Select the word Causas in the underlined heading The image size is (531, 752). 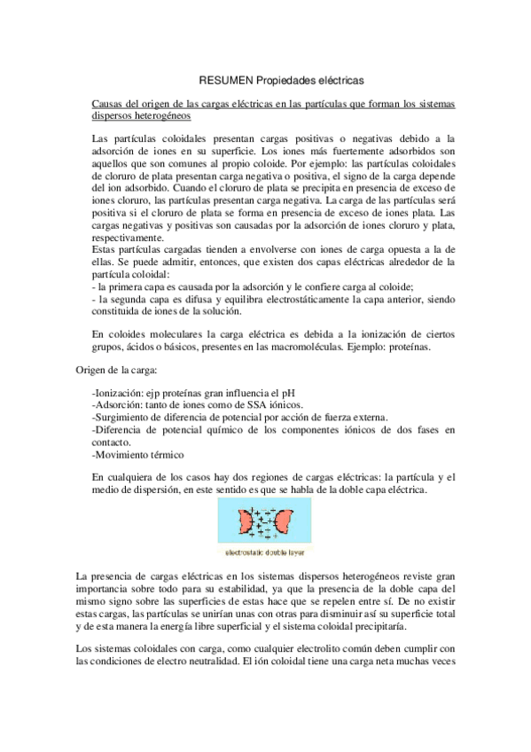[108, 105]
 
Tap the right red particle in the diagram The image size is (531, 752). [285, 522]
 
